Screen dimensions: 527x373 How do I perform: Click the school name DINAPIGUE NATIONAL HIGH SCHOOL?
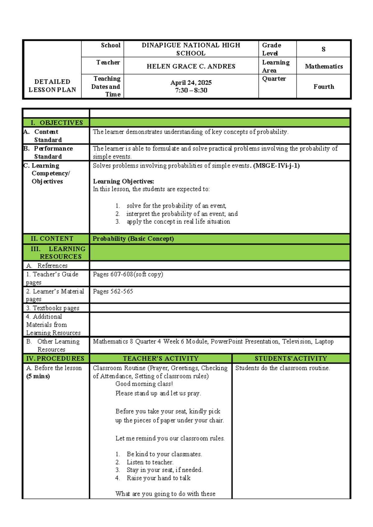(191, 49)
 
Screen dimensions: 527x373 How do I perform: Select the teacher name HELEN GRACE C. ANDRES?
(191, 66)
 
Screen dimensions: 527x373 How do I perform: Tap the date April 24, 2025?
(191, 83)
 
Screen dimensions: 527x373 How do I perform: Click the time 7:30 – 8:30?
(191, 90)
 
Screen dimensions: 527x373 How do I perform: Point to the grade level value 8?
(323, 49)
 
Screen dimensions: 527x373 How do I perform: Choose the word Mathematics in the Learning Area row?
(324, 66)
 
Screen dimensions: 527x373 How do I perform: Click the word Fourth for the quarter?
(324, 87)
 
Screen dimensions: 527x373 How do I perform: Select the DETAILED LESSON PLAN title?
(52, 86)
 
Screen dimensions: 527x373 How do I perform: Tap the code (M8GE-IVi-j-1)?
(276, 166)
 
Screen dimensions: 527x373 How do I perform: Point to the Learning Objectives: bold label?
(123, 181)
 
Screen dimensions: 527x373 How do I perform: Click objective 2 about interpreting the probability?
(182, 214)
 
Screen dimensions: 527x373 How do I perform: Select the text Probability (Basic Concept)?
(133, 239)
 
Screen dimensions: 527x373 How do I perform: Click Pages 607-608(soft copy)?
(128, 274)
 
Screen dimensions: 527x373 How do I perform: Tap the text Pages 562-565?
(113, 291)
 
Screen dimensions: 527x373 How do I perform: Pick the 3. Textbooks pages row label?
(53, 308)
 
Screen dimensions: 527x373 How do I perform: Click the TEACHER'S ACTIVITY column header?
(160, 359)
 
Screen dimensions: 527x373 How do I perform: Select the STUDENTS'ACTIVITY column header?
(291, 359)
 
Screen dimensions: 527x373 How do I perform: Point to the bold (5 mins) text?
(38, 376)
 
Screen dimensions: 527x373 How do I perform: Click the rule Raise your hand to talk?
(158, 478)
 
